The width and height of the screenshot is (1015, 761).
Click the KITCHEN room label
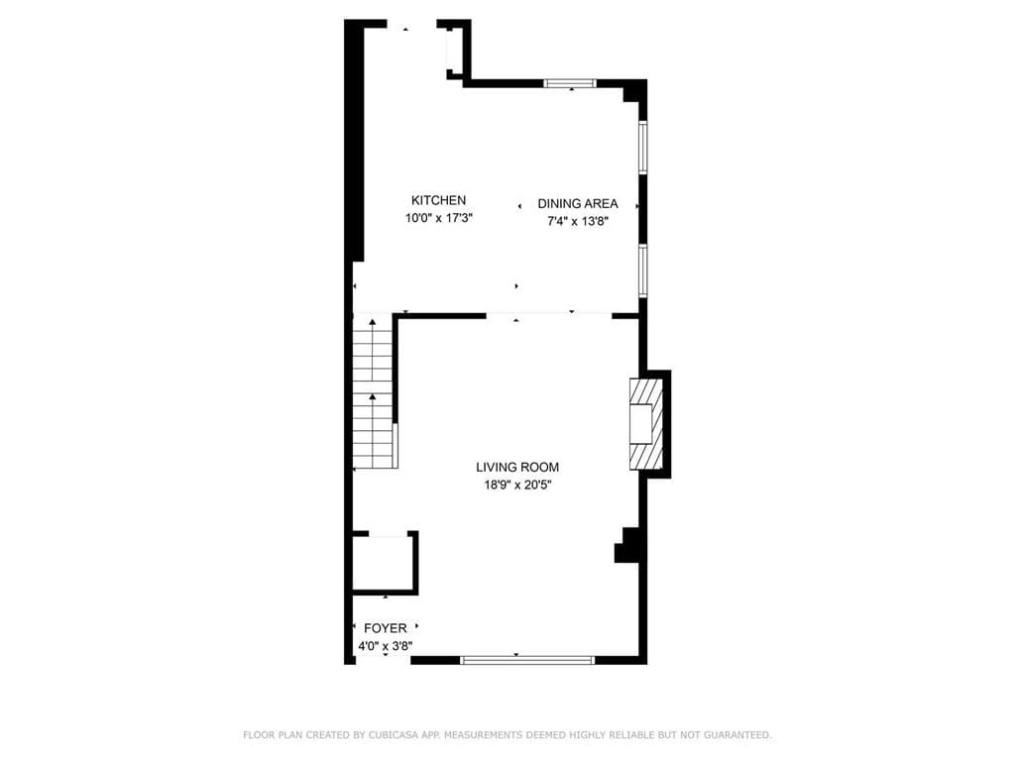point(438,200)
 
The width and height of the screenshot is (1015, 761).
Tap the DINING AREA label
point(578,204)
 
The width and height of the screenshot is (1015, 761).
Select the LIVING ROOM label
point(517,468)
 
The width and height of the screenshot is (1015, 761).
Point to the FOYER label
point(385,628)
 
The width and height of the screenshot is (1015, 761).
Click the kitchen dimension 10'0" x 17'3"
point(438,218)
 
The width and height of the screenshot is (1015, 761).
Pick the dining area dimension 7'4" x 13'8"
point(578,222)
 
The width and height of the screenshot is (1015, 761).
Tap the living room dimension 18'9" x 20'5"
point(517,486)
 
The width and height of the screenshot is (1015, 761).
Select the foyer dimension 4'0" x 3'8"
point(385,646)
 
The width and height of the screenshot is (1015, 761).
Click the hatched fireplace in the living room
point(642,423)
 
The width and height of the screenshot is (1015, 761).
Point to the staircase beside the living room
point(374,392)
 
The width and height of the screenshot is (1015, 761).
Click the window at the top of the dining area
point(570,83)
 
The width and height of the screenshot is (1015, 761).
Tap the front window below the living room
point(527,659)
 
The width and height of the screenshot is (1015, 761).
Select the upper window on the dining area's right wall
point(642,148)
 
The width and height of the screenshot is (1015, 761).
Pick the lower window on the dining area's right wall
point(642,270)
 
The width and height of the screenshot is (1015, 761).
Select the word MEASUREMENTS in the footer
point(487,735)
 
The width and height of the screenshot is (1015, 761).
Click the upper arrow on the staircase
point(373,323)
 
